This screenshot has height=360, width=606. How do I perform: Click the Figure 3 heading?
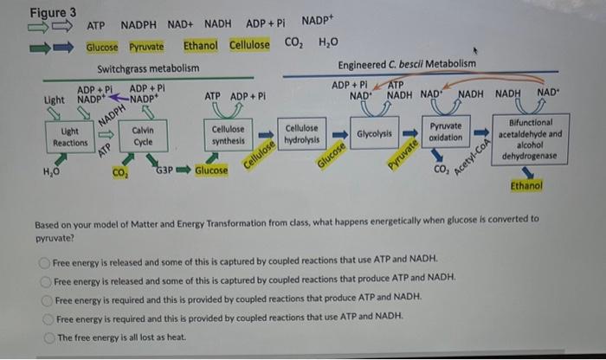(53, 13)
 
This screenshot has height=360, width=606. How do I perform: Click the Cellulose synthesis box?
(229, 134)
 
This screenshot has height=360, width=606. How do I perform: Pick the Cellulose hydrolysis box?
(302, 133)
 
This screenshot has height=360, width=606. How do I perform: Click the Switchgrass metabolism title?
(148, 67)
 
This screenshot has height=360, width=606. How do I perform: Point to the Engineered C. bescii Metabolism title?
(406, 64)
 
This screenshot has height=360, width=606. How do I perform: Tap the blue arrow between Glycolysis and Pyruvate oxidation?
(410, 133)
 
